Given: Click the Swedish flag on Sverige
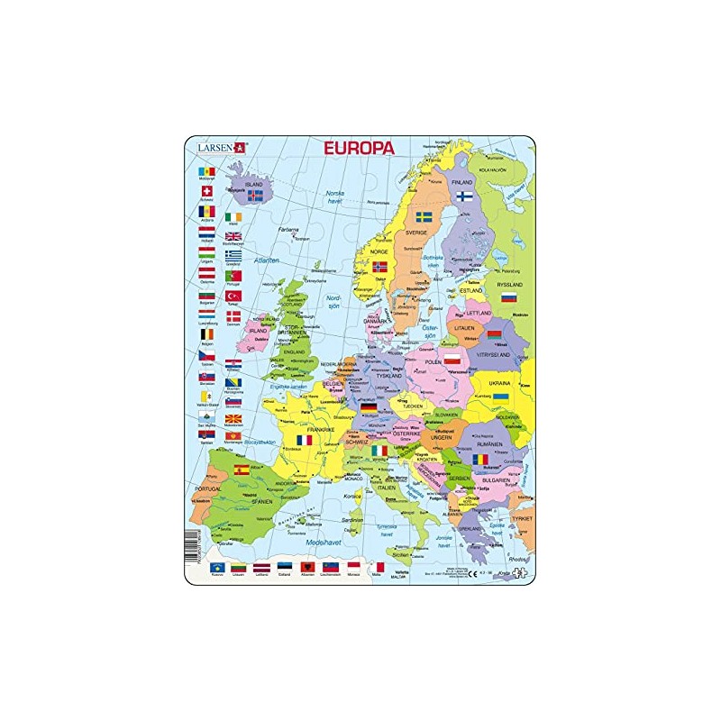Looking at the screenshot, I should click(x=423, y=216).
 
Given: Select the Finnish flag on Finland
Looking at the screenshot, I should click(x=465, y=194).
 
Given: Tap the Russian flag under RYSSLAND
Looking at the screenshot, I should click(x=510, y=297).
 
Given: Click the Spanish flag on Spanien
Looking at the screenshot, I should click(x=242, y=470).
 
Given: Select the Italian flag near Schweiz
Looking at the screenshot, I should click(x=381, y=450).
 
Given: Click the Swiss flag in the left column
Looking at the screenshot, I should click(x=206, y=191).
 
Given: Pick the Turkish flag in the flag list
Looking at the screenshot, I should click(x=233, y=296).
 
